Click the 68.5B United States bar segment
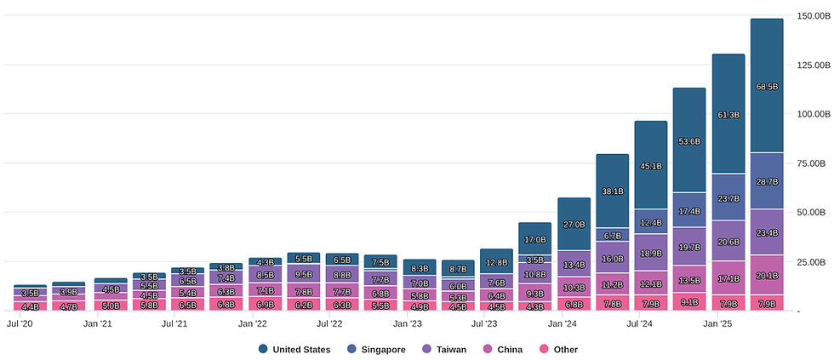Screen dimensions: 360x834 (x=767, y=85)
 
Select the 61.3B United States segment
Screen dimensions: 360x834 (x=728, y=113)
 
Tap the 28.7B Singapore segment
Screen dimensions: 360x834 (x=767, y=181)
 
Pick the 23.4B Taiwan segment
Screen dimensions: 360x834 (x=767, y=231)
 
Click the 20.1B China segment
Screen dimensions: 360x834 (x=767, y=274)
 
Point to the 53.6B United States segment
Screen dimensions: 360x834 (x=689, y=140)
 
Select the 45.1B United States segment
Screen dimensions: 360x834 (x=651, y=166)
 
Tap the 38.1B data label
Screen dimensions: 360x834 (x=613, y=191)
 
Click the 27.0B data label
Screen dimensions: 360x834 (x=574, y=225)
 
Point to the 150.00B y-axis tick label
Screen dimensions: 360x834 (x=812, y=16)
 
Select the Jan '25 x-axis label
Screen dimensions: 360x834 (x=718, y=323)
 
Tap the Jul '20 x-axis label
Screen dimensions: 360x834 (x=20, y=323)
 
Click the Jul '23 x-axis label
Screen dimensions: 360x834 (x=486, y=323)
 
